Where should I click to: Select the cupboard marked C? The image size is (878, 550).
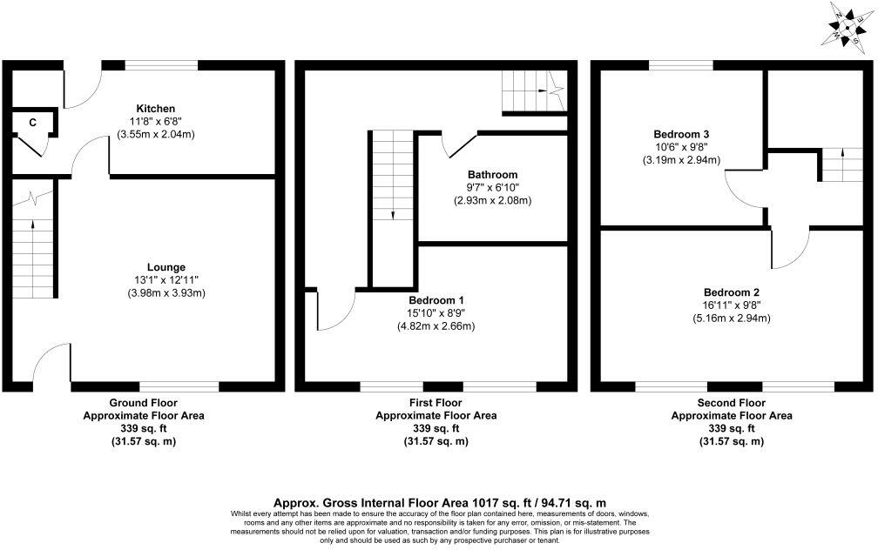point(32,123)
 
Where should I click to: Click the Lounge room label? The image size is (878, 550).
point(165,266)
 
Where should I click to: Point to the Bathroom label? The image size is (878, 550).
point(492,174)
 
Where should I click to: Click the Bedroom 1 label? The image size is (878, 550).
point(436,300)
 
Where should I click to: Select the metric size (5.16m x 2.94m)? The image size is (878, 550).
point(732,318)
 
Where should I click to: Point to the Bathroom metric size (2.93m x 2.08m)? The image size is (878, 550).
point(492,200)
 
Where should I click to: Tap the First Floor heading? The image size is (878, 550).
point(436,403)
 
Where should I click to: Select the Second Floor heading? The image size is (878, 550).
point(732,403)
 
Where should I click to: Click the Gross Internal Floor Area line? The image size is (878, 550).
point(439,502)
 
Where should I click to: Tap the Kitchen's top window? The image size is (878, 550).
point(161,64)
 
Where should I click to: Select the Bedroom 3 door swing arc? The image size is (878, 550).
point(738,190)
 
